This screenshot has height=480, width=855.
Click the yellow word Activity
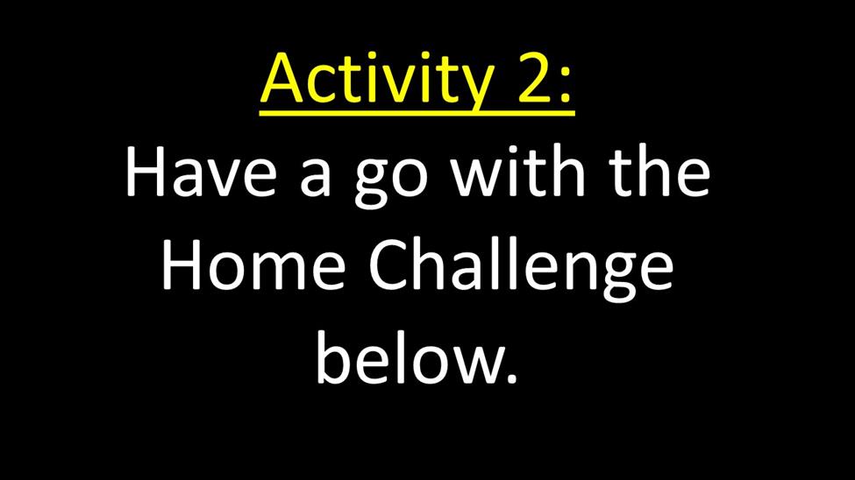tap(377, 80)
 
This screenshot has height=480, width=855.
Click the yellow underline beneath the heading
tap(417, 113)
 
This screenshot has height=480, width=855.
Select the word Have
tap(201, 173)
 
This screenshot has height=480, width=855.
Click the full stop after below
tap(510, 378)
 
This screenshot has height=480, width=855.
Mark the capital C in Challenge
tap(389, 266)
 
